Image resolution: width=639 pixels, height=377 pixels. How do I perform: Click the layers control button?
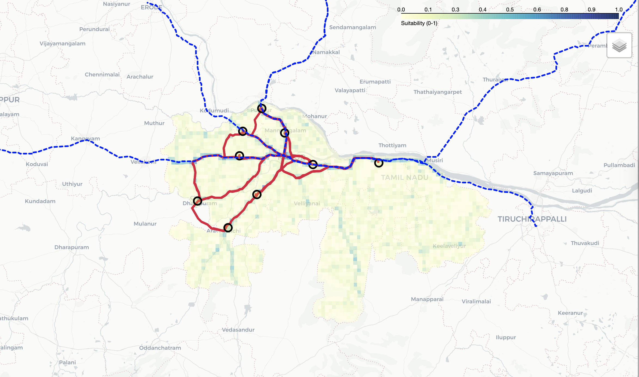(x=619, y=45)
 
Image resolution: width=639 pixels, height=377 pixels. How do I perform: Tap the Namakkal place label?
(x=326, y=52)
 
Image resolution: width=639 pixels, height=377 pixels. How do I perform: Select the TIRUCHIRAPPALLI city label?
(x=532, y=219)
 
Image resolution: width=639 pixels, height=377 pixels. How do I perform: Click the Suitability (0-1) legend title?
(x=419, y=23)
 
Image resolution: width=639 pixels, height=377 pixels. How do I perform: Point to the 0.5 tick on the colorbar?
(x=510, y=10)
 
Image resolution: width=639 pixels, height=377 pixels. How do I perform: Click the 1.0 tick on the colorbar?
(x=619, y=10)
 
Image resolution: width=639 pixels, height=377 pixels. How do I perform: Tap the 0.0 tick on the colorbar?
(x=401, y=10)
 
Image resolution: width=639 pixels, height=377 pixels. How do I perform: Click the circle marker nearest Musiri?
(x=379, y=163)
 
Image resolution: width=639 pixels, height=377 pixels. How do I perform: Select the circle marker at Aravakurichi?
(x=228, y=227)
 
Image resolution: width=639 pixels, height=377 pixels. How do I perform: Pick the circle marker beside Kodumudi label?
(x=242, y=131)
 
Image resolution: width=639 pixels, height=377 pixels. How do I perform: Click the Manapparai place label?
(x=427, y=299)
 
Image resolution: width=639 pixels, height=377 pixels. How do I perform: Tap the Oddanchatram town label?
(x=160, y=348)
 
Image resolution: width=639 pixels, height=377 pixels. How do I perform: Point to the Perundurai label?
(x=94, y=29)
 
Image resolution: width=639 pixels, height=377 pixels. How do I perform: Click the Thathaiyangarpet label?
(x=438, y=92)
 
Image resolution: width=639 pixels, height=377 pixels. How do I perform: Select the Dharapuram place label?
(x=72, y=247)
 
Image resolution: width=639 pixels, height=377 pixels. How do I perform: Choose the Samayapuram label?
(x=553, y=173)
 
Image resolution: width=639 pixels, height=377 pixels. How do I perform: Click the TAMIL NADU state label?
(x=405, y=178)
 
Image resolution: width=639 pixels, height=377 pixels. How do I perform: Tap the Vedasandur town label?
(x=238, y=330)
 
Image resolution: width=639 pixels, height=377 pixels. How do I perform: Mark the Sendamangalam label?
(x=352, y=27)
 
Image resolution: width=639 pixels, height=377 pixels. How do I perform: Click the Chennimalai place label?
(x=102, y=75)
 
